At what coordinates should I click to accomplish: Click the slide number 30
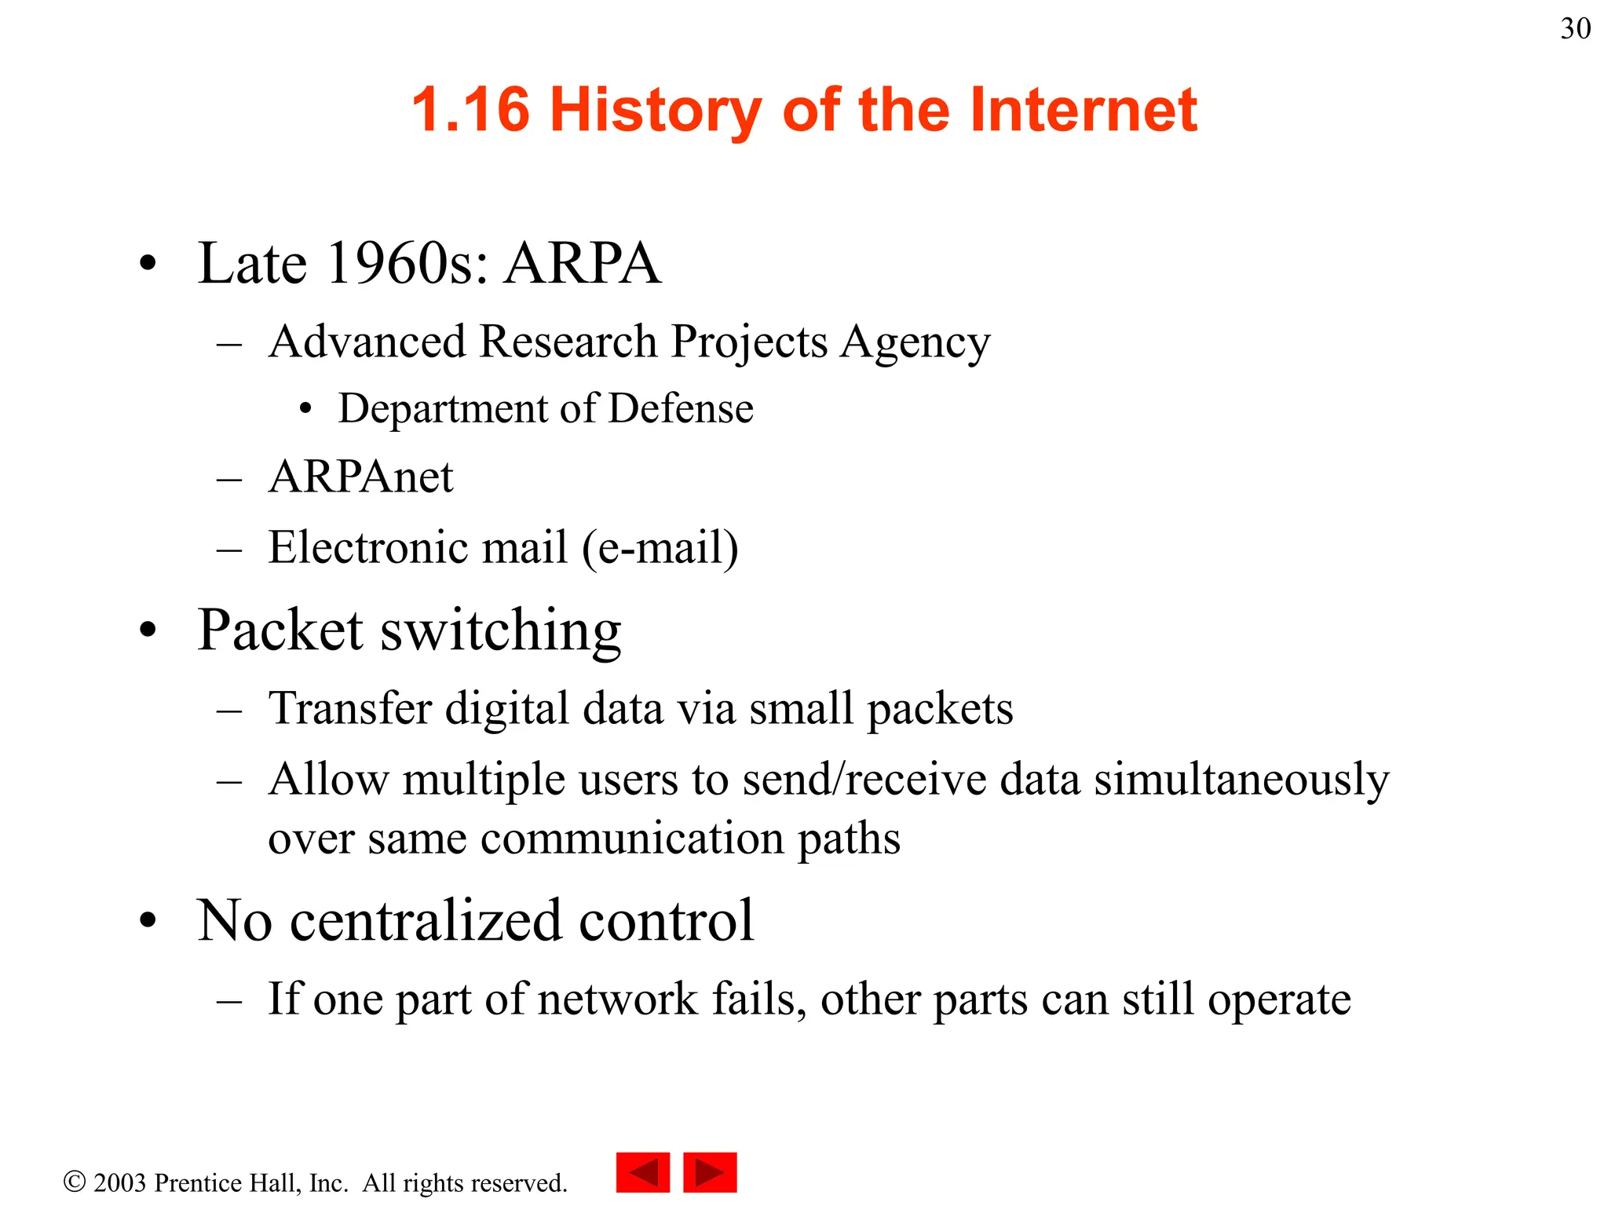pyautogui.click(x=1575, y=29)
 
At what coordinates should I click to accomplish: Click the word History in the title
pyautogui.click(x=656, y=110)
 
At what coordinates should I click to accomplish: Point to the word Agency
pyautogui.click(x=915, y=343)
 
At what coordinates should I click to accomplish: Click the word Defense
pyautogui.click(x=681, y=409)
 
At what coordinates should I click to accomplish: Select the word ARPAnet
pyautogui.click(x=360, y=477)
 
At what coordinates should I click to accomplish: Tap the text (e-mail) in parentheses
pyautogui.click(x=660, y=548)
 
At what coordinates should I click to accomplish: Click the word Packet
pyautogui.click(x=280, y=630)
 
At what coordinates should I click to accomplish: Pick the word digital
pyautogui.click(x=507, y=709)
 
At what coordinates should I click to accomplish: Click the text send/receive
pyautogui.click(x=864, y=780)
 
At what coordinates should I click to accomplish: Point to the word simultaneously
pyautogui.click(x=1241, y=780)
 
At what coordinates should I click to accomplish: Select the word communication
pyautogui.click(x=632, y=839)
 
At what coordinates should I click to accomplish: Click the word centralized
pyautogui.click(x=426, y=920)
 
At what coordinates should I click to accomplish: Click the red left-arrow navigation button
pyautogui.click(x=643, y=1173)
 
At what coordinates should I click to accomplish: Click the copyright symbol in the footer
pyautogui.click(x=75, y=1182)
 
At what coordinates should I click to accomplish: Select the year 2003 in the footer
pyautogui.click(x=119, y=1183)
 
